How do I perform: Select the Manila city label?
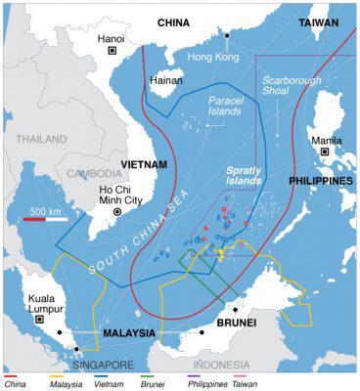(325, 140)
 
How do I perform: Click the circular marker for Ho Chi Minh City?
(118, 211)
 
